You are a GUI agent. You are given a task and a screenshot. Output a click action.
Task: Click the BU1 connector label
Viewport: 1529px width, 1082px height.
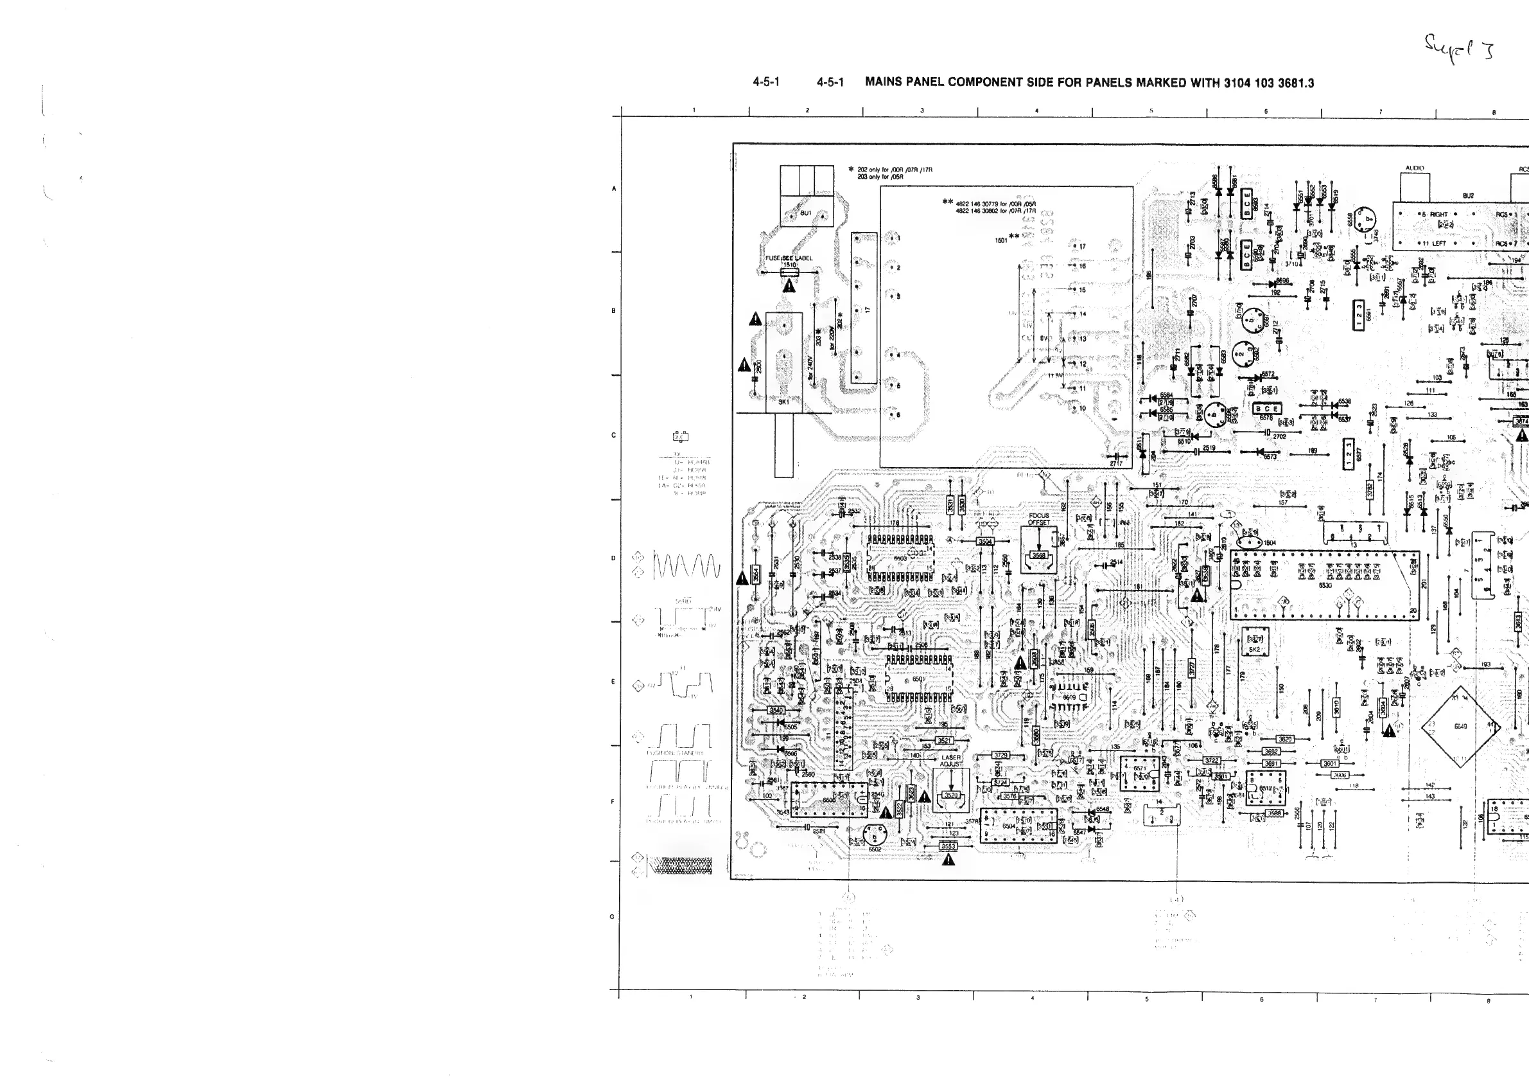coord(806,213)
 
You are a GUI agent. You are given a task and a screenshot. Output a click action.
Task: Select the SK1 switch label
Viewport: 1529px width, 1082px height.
coord(784,402)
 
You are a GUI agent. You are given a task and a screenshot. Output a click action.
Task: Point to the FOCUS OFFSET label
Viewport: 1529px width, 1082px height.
coord(1038,519)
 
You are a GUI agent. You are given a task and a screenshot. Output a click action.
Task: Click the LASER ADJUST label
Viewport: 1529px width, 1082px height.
coord(951,761)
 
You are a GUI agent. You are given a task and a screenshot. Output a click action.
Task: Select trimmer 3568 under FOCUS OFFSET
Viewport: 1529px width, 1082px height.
coord(1038,555)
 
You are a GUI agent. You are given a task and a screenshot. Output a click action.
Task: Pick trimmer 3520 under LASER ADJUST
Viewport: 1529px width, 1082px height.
coord(951,795)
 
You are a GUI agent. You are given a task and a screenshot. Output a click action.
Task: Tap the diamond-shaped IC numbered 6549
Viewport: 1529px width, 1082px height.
coord(1460,726)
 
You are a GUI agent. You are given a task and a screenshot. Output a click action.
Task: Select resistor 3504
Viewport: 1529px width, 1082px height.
coord(985,542)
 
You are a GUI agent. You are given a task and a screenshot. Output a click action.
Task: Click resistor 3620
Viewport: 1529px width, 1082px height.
coord(1284,739)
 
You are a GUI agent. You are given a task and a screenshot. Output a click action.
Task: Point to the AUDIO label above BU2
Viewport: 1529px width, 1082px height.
coord(1415,168)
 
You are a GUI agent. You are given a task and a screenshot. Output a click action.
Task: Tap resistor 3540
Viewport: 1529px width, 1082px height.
coord(776,710)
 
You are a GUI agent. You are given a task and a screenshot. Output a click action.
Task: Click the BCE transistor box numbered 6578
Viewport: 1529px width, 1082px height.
coord(1266,409)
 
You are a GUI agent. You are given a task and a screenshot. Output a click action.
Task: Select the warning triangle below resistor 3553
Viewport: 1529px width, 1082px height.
coord(949,860)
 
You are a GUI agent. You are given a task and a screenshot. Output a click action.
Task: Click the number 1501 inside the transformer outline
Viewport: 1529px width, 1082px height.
coord(1001,240)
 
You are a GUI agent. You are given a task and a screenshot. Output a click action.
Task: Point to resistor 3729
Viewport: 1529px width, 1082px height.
coord(1001,756)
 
